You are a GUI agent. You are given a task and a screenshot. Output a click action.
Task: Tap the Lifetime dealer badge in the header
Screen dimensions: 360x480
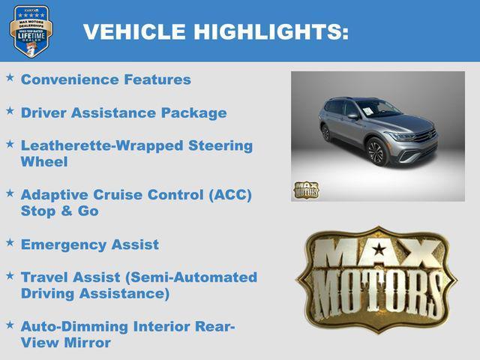(x=30, y=31)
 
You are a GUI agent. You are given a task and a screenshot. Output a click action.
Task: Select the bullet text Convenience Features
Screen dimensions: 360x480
(x=106, y=79)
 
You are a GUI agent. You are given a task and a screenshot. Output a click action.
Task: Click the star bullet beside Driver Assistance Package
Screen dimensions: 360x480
(x=10, y=111)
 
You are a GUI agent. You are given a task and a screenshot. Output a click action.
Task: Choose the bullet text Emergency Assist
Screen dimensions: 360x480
(x=90, y=244)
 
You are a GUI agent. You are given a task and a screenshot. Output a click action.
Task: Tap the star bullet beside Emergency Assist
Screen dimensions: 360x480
(x=10, y=242)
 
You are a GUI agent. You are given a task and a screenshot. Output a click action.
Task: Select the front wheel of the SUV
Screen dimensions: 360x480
(x=376, y=152)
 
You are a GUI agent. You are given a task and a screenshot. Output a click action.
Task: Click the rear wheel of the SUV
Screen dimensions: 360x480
(x=327, y=133)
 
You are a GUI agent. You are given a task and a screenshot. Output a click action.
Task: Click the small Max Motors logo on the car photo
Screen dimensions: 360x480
(x=305, y=190)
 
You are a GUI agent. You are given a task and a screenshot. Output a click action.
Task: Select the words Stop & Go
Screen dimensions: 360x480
(x=60, y=211)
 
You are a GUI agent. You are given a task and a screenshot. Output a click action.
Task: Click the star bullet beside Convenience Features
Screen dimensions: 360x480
(x=10, y=77)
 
